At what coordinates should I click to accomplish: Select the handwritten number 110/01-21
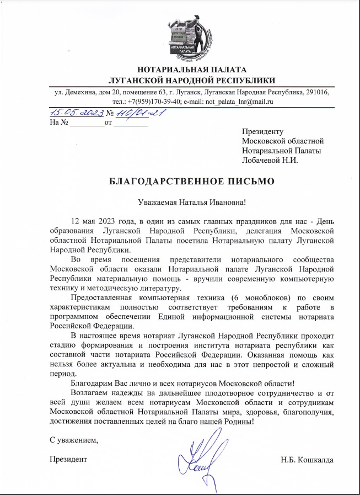click(139, 113)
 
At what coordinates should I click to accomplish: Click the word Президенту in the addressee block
click(262, 131)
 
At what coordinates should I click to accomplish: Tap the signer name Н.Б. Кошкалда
click(307, 459)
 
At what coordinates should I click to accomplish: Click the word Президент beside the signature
click(68, 459)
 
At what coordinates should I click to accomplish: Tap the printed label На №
click(58, 123)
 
